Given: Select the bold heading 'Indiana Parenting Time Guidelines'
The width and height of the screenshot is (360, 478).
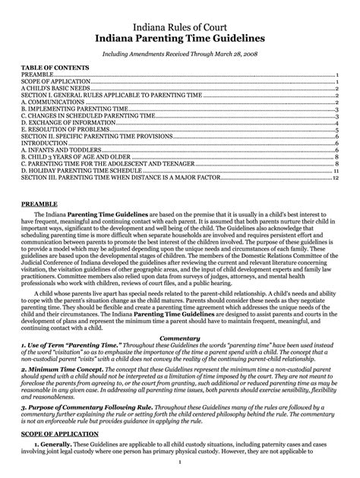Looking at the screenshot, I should (179, 38).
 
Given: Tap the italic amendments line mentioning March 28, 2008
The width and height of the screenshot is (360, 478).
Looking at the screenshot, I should (179, 55).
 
